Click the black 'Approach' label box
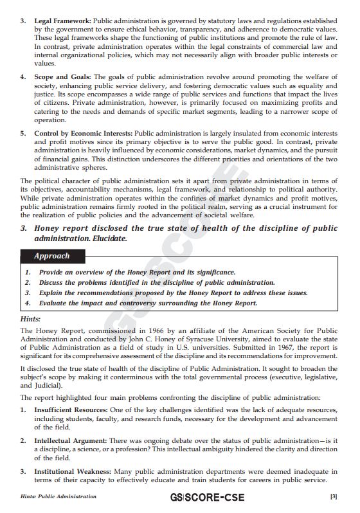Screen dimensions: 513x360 tap(52, 256)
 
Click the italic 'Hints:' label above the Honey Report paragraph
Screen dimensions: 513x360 tap(31, 318)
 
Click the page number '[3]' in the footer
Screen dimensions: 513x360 tap(333, 496)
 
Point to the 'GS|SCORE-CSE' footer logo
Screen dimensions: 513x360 tap(206, 497)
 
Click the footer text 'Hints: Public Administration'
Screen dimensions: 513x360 tap(59, 496)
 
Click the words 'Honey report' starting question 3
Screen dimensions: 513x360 tap(62, 228)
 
